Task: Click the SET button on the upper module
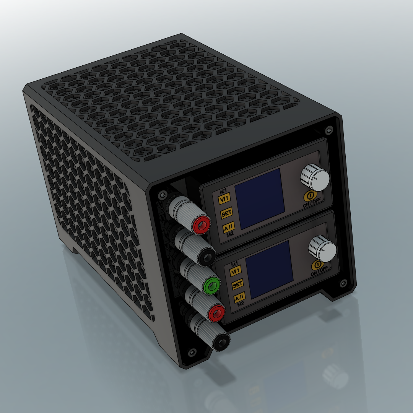tap(226, 214)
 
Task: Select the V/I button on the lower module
tap(235, 271)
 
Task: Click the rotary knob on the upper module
tap(315, 177)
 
